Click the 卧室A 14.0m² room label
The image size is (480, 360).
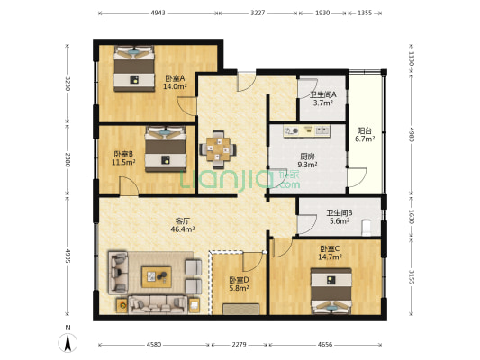pyautogui.click(x=175, y=83)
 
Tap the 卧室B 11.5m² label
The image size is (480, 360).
pyautogui.click(x=122, y=158)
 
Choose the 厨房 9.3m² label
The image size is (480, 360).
pyautogui.click(x=307, y=160)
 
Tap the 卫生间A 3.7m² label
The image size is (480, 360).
pyautogui.click(x=323, y=99)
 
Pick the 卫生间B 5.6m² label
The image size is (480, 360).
pyautogui.click(x=339, y=217)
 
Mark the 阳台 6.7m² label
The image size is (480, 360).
pyautogui.click(x=364, y=134)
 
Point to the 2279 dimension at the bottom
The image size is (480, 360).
pyautogui.click(x=238, y=344)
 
